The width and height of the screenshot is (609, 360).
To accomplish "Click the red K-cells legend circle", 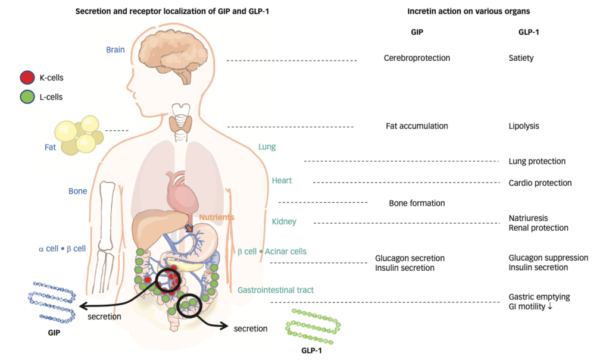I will (x=27, y=77).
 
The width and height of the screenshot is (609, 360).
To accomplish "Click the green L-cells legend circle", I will (x=27, y=96).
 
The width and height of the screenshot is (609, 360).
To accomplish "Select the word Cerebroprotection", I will (x=417, y=58).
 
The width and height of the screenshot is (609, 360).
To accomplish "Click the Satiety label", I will (x=521, y=58).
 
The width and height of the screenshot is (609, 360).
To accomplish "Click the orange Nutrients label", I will (x=217, y=218).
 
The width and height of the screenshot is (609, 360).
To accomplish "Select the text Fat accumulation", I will (x=417, y=126).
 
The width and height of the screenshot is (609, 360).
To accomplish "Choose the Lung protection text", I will (x=537, y=161).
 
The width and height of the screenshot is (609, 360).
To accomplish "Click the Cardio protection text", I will (x=540, y=183).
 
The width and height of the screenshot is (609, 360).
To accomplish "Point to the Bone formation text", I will (x=417, y=203).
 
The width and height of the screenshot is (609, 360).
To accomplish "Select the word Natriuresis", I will (x=528, y=218).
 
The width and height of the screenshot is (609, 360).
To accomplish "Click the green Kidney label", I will (x=284, y=222).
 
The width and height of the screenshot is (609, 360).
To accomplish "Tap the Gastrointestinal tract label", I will (x=276, y=290).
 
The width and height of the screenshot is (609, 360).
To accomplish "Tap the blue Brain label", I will (x=115, y=50).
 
